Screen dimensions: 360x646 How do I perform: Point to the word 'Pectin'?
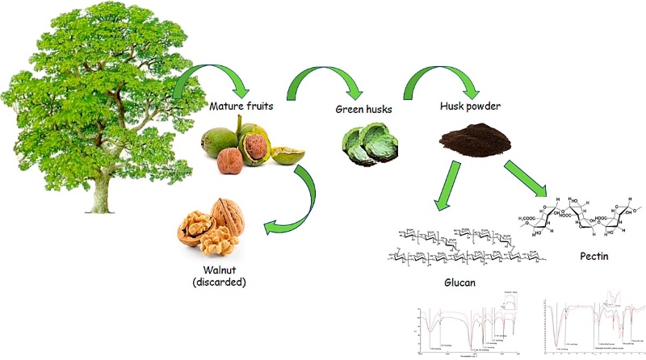591,260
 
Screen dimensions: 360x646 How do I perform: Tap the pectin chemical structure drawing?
581,214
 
